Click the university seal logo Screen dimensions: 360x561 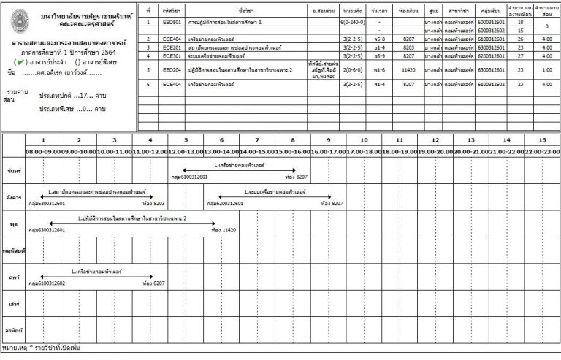coord(23,20)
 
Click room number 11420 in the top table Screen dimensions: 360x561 coord(408,70)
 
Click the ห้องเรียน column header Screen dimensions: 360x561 coord(408,11)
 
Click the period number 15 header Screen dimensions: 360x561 coord(541,139)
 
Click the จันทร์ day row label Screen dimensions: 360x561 coord(12,170)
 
